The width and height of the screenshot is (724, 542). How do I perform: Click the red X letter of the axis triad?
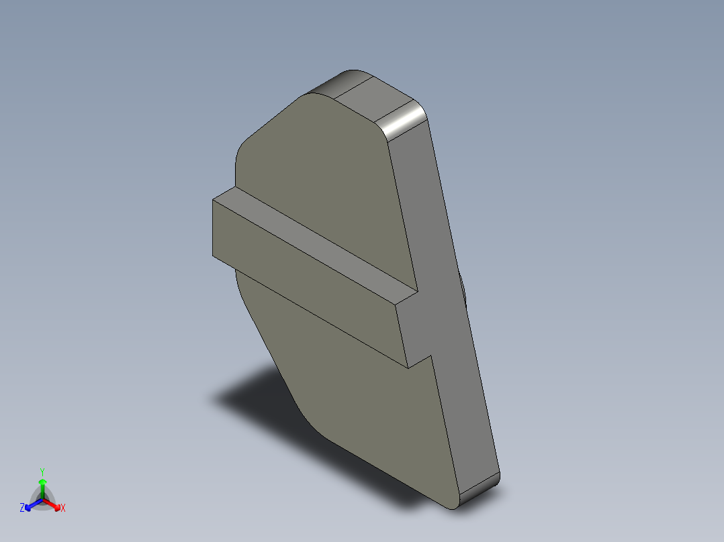pyautogui.click(x=63, y=508)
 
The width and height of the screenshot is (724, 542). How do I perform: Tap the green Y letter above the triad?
pyautogui.click(x=42, y=471)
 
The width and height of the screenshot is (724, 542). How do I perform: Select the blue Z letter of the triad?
pyautogui.click(x=22, y=508)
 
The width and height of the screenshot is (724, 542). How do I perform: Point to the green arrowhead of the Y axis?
pyautogui.click(x=42, y=482)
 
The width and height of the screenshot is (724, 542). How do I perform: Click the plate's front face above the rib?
pyautogui.click(x=322, y=174)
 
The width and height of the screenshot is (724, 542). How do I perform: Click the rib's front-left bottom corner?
pyautogui.click(x=214, y=256)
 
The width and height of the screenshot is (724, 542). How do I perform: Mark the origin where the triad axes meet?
pyautogui.click(x=42, y=500)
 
